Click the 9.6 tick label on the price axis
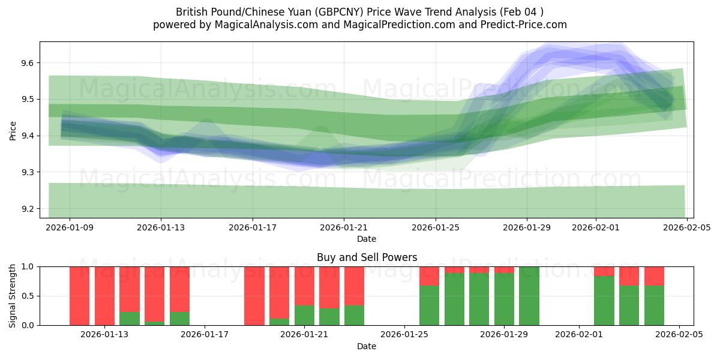(28, 63)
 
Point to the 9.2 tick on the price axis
(28, 209)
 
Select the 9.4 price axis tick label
(28, 136)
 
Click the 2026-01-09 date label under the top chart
(70, 227)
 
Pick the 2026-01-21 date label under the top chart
(344, 227)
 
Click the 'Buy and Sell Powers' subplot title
(367, 257)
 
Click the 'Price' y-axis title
(13, 130)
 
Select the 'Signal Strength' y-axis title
(13, 296)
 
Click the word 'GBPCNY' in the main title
(334, 12)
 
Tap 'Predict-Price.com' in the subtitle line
(526, 25)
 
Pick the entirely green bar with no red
(529, 296)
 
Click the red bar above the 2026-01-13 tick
(104, 296)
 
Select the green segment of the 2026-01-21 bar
(304, 315)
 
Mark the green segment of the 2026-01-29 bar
(504, 299)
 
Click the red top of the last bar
(654, 276)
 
